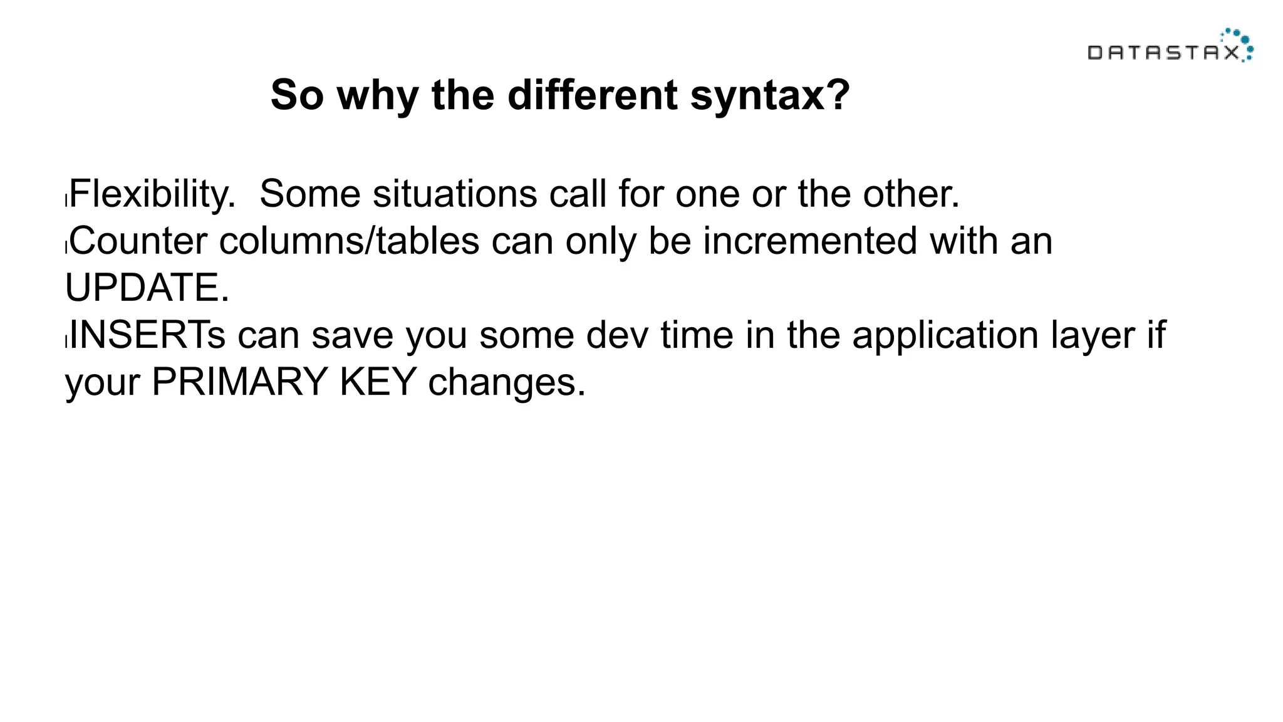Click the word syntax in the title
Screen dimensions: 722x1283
coord(770,95)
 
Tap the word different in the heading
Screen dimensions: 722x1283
coord(592,95)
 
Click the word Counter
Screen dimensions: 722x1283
coord(138,241)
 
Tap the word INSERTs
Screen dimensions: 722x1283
coord(147,335)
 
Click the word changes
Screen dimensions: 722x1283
coord(506,383)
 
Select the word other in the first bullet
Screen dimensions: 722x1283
coord(911,194)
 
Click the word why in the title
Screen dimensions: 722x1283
coord(378,97)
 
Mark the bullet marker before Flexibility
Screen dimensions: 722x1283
coord(66,201)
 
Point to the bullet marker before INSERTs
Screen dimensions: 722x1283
coord(66,342)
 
